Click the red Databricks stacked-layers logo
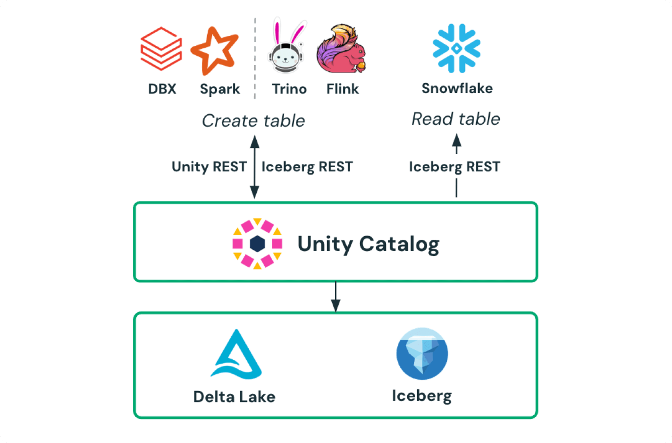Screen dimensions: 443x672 (x=161, y=49)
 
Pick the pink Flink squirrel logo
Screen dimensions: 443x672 (x=341, y=49)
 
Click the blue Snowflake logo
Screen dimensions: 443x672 (x=456, y=48)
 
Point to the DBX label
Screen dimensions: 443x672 (x=162, y=89)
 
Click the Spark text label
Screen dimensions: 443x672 (x=219, y=89)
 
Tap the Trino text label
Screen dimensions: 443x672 (x=289, y=89)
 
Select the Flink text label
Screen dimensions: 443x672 (x=342, y=89)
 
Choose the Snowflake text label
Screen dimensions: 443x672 (x=457, y=88)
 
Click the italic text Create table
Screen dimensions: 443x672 (x=253, y=121)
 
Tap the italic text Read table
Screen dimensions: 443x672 (x=455, y=119)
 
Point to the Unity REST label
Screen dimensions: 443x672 (x=209, y=167)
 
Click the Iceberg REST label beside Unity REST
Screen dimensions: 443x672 (x=307, y=167)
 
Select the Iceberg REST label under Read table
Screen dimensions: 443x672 (x=454, y=167)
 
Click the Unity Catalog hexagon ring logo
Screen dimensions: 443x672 (x=257, y=243)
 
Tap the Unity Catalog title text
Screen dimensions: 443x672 (x=368, y=244)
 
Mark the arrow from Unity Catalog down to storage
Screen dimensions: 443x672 (x=336, y=297)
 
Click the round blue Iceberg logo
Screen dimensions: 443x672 (x=422, y=353)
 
